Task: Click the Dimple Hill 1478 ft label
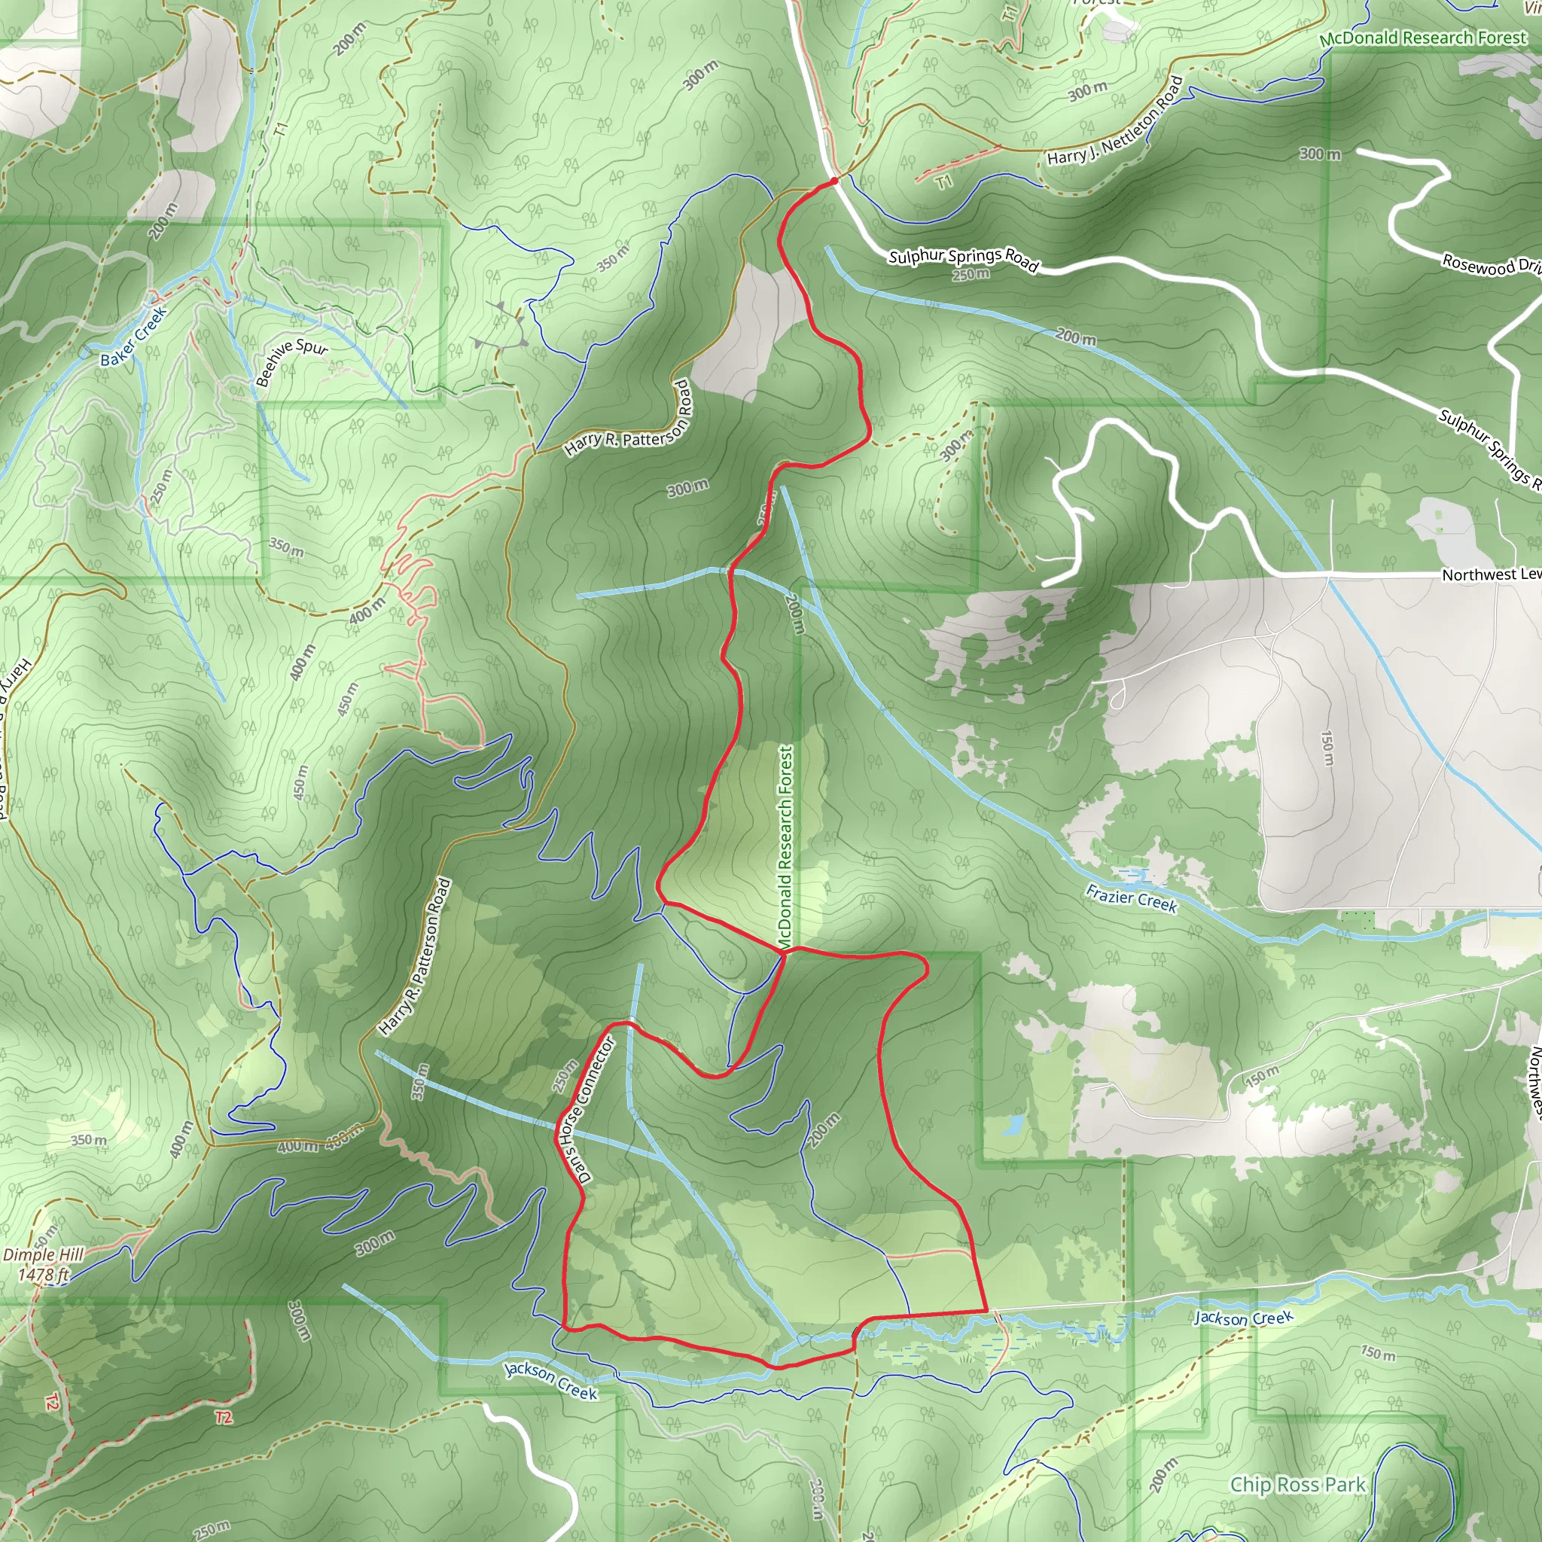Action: pyautogui.click(x=43, y=1265)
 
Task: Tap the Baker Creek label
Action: pyautogui.click(x=133, y=336)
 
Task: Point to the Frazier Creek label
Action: pyautogui.click(x=1131, y=899)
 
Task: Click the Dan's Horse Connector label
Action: pyautogui.click(x=587, y=1108)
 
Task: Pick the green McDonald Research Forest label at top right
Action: pyautogui.click(x=1422, y=38)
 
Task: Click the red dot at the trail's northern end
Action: pyautogui.click(x=834, y=182)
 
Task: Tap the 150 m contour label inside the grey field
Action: pyautogui.click(x=1327, y=748)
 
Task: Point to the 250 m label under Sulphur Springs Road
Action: pyautogui.click(x=971, y=275)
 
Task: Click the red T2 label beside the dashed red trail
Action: pyautogui.click(x=224, y=1417)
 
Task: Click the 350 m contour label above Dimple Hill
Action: pyautogui.click(x=89, y=1140)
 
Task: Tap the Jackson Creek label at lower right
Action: pyautogui.click(x=1242, y=1318)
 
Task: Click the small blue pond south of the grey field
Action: pyautogui.click(x=1012, y=1126)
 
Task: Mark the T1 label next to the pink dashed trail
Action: pyautogui.click(x=944, y=182)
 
